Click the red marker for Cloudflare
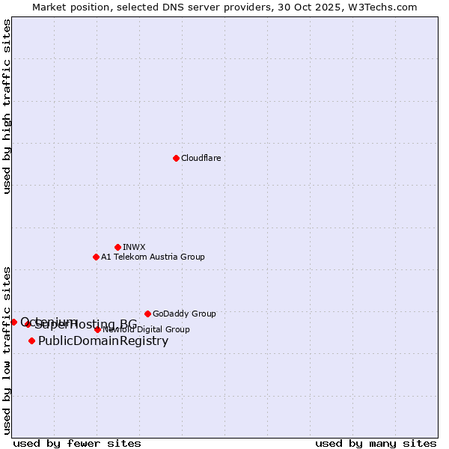[176, 158]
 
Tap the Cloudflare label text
[201, 159]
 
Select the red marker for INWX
[117, 247]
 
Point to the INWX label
[134, 248]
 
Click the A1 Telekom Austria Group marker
[96, 257]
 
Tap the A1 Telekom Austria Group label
[153, 257]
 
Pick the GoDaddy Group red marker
[147, 314]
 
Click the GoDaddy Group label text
[184, 314]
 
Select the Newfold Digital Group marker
[97, 329]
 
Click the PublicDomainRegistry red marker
[31, 341]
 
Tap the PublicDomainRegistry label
[103, 341]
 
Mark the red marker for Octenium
[13, 322]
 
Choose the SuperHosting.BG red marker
[28, 324]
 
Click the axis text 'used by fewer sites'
[77, 444]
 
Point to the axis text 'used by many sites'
[376, 444]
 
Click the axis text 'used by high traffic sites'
[7, 106]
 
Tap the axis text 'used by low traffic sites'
[7, 349]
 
